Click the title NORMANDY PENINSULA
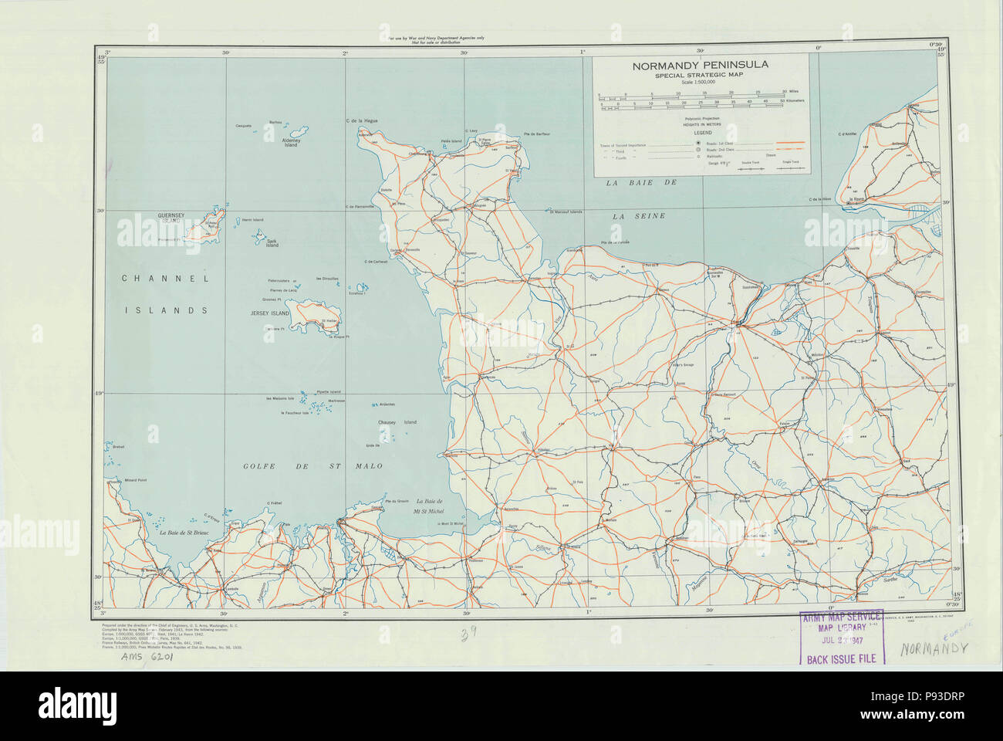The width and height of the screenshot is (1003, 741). [700, 66]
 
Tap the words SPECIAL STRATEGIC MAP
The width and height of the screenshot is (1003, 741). [700, 76]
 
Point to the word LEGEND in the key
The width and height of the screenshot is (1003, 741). [701, 133]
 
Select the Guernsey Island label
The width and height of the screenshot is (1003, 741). [170, 218]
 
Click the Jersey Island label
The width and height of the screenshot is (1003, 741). [269, 313]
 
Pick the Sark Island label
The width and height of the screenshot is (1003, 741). [272, 243]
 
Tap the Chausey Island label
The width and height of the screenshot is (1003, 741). [398, 422]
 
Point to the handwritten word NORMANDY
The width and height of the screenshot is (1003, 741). [934, 648]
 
